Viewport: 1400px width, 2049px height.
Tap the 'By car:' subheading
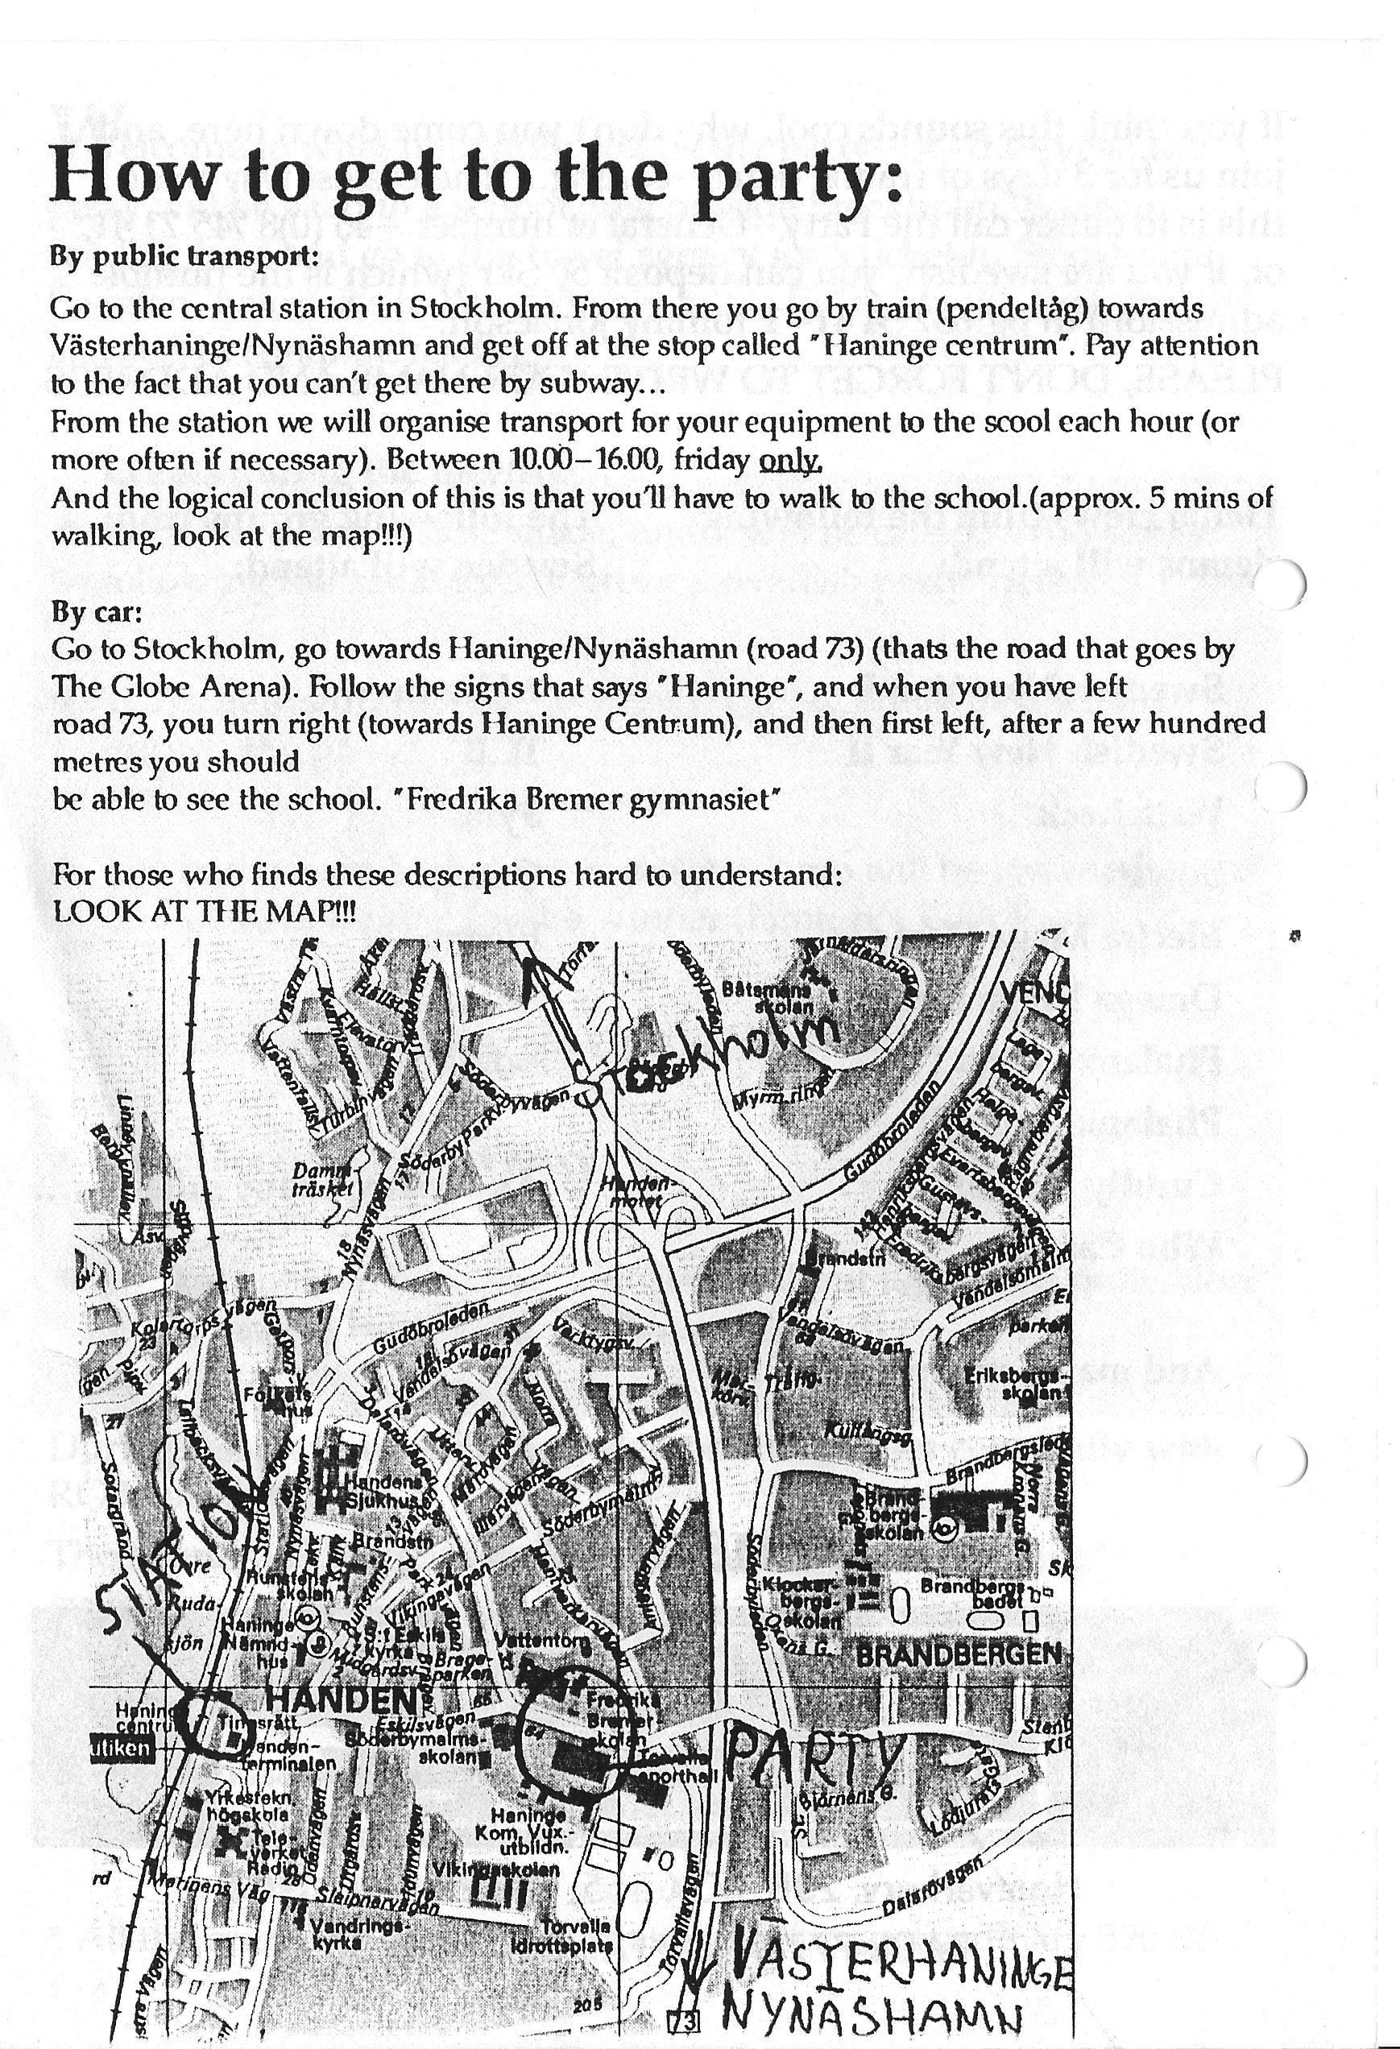(96, 611)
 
